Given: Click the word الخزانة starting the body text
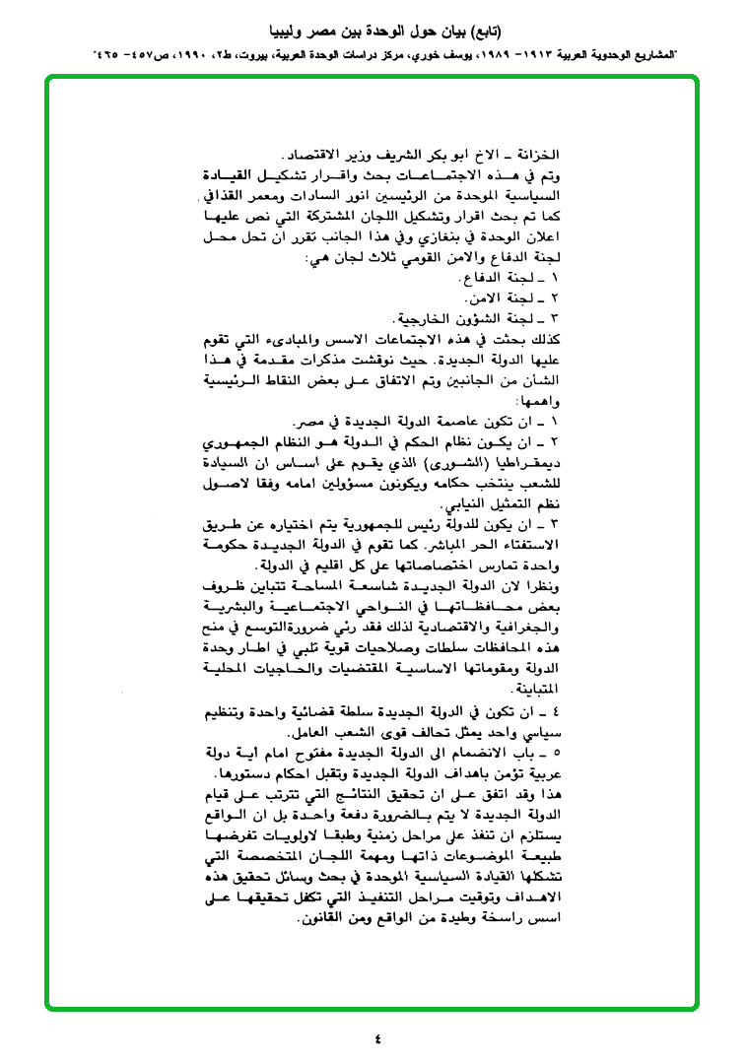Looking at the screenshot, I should point(538,156).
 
